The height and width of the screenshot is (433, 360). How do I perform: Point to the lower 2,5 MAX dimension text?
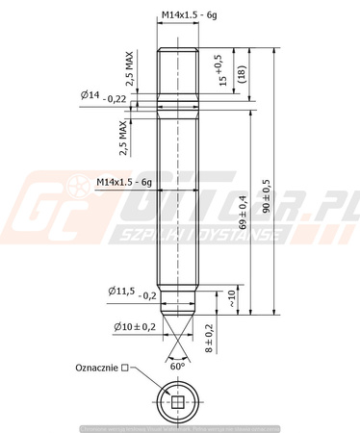tap(123, 139)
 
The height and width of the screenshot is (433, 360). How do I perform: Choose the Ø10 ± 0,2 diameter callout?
tap(131, 327)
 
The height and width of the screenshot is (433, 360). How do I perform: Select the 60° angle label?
tap(176, 368)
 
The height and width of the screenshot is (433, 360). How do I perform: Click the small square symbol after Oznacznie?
tap(125, 369)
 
